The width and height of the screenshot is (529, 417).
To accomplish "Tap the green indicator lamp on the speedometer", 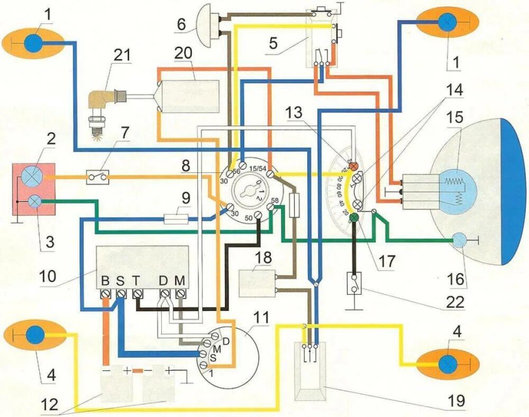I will coord(354,218).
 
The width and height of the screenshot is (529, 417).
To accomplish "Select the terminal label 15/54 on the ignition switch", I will coord(258,168).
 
